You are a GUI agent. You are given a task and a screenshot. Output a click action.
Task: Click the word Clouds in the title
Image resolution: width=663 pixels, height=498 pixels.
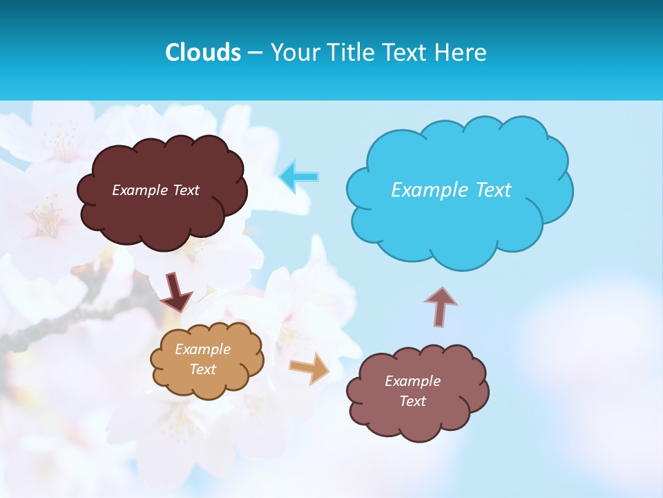(x=203, y=52)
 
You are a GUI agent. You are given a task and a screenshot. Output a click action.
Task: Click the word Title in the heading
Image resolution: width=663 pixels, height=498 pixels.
(x=348, y=52)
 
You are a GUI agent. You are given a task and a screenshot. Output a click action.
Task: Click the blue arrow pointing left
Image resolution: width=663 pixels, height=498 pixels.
(x=299, y=177)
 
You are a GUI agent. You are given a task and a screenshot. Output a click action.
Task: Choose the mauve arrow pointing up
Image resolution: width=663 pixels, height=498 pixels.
(x=441, y=306)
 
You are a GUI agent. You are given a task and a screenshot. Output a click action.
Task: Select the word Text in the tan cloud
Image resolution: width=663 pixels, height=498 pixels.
(x=203, y=369)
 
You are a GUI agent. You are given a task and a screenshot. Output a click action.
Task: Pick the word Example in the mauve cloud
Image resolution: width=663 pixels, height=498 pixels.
(x=412, y=381)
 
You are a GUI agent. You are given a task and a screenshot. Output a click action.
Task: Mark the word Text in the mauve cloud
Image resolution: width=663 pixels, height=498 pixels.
(x=412, y=401)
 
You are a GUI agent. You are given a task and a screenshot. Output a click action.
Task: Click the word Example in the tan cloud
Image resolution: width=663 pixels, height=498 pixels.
(x=203, y=349)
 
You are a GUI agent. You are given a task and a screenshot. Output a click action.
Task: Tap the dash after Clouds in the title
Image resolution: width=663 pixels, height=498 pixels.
(x=255, y=53)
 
